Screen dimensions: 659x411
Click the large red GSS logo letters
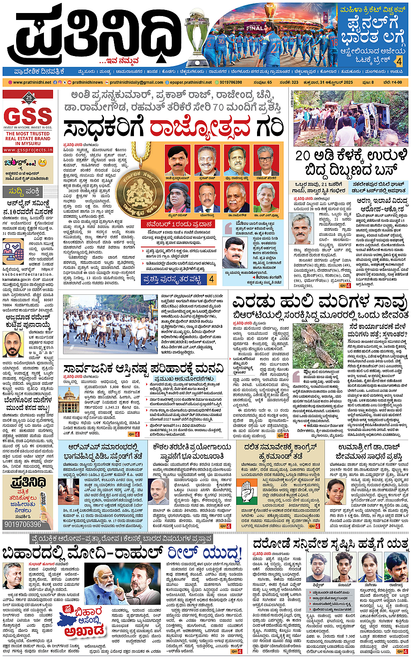(28, 116)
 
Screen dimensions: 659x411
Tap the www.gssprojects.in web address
(28, 150)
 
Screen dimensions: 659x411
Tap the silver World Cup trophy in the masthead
(197, 37)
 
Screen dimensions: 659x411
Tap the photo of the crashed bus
(351, 119)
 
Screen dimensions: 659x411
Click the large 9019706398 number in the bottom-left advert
(23, 524)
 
